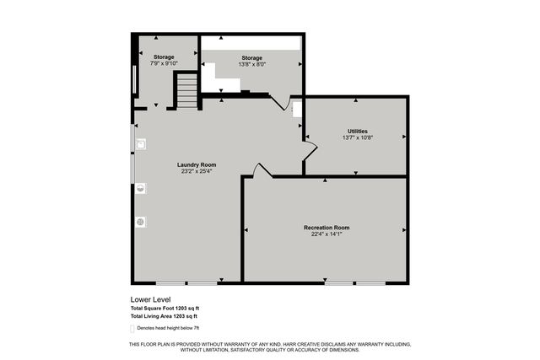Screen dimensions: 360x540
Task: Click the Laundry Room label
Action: pyautogui.click(x=197, y=164)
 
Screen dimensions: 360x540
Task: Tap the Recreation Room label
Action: pyautogui.click(x=327, y=228)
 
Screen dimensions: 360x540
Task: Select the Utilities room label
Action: pyautogui.click(x=357, y=131)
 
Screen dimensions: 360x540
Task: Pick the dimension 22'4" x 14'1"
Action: pyautogui.click(x=327, y=235)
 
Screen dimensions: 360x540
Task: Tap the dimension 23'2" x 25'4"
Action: pyautogui.click(x=197, y=172)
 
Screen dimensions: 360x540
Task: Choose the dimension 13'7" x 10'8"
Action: pyautogui.click(x=357, y=138)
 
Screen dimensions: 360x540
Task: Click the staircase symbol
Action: pyautogui.click(x=187, y=91)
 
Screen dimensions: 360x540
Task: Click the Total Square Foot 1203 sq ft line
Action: pyautogui.click(x=165, y=309)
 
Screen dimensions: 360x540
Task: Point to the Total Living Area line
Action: pyautogui.click(x=165, y=316)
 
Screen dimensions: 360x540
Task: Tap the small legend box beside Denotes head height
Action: pyautogui.click(x=134, y=327)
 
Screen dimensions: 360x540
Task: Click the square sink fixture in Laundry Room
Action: pyautogui.click(x=140, y=144)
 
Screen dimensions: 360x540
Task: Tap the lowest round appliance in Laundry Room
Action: pyautogui.click(x=140, y=222)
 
